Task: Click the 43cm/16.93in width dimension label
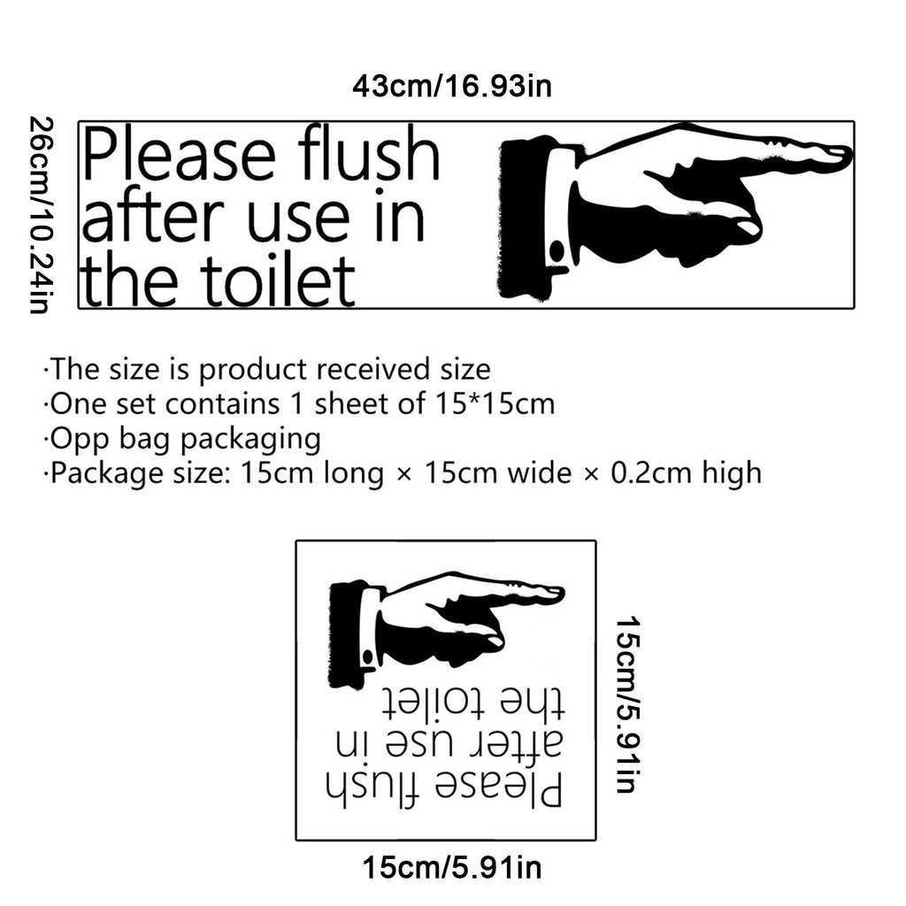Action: [452, 87]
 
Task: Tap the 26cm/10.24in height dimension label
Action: [38, 215]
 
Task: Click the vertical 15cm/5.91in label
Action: [627, 705]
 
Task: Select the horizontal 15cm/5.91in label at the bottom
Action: [451, 866]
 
